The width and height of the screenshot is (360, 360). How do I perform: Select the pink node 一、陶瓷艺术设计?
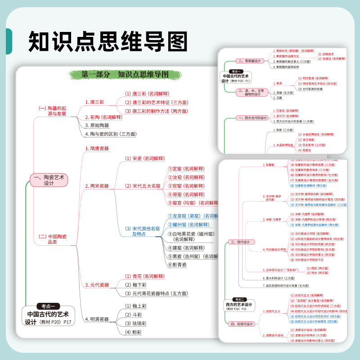[x=49, y=180]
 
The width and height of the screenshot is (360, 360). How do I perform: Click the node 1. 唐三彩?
[x=94, y=102]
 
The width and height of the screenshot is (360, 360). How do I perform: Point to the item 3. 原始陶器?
[x=97, y=126]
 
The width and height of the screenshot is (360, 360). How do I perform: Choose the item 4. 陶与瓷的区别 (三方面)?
[x=110, y=134]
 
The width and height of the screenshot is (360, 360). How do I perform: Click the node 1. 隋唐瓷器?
[x=97, y=148]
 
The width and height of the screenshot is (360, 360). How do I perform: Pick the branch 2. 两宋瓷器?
[x=97, y=186]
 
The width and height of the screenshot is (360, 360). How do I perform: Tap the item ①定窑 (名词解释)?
[x=186, y=169]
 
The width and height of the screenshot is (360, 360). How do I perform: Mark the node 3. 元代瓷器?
[x=97, y=285]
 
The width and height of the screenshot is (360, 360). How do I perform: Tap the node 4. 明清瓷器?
[x=97, y=319]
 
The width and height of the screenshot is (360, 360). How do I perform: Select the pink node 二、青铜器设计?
[x=247, y=61]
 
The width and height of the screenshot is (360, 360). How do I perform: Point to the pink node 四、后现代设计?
[x=242, y=324]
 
